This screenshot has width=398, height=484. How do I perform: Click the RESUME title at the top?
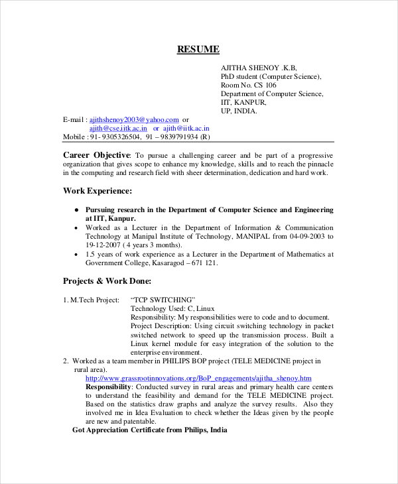198,50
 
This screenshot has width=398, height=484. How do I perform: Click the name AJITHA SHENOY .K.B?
259,68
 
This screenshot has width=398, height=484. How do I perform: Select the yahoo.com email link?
134,119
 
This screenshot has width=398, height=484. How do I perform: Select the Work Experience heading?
98,191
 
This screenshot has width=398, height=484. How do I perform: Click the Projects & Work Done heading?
107,280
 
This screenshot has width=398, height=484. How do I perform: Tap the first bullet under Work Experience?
78,210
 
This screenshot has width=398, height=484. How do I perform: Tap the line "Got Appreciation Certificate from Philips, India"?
149,430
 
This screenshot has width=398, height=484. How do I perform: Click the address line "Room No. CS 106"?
249,85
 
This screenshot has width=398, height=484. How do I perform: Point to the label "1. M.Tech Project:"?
91,300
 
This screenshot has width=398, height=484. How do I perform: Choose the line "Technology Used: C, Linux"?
172,308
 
